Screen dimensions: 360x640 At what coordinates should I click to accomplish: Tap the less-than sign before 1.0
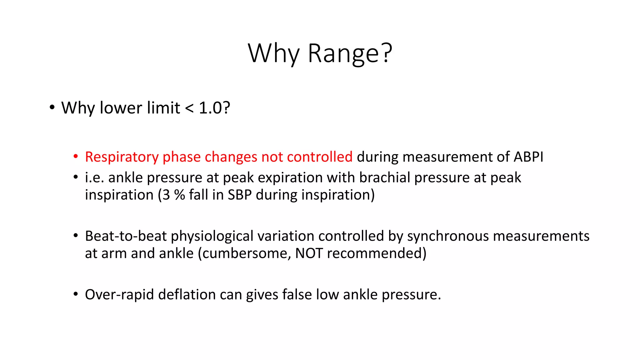click(x=189, y=108)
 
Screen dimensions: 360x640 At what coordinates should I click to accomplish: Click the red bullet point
click(x=75, y=157)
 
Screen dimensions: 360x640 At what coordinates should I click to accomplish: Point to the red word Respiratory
click(x=122, y=157)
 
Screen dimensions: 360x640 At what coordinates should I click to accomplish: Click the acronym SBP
click(x=240, y=195)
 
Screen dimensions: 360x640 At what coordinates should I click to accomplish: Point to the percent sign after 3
click(x=180, y=195)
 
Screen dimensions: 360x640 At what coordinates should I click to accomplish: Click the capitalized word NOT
click(x=309, y=253)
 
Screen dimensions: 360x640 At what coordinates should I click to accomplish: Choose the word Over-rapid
click(x=119, y=295)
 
